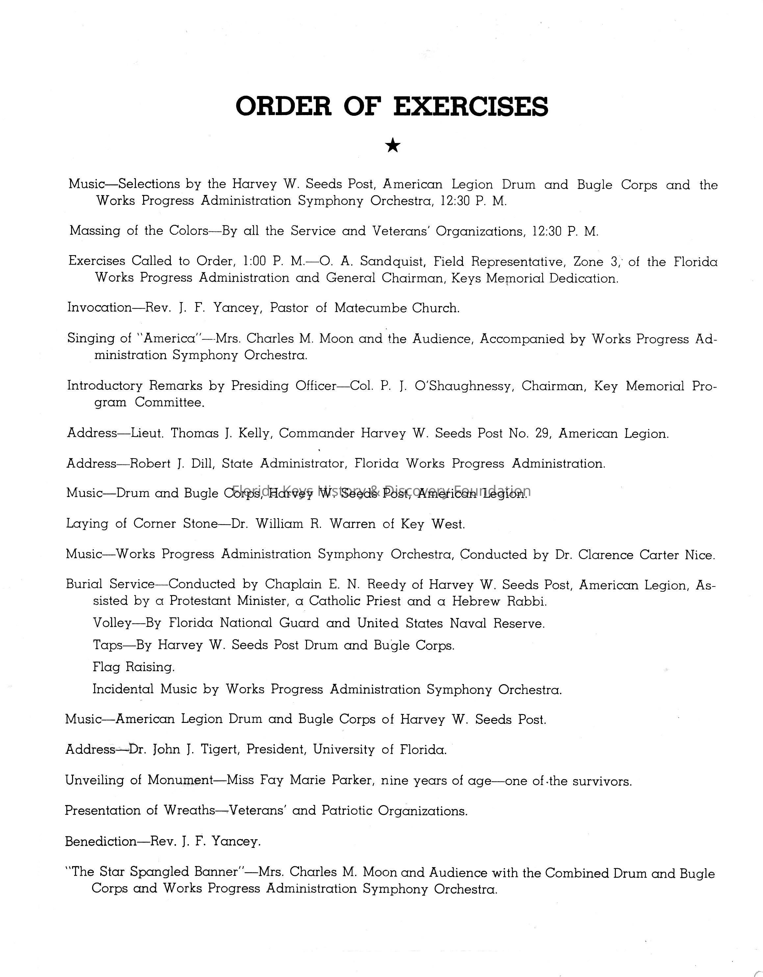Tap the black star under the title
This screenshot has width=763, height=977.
(393, 145)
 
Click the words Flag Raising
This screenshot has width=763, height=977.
(134, 667)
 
